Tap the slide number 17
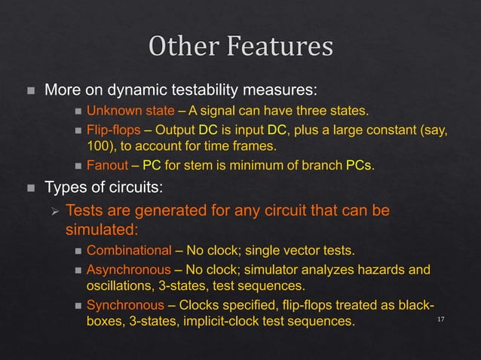tap(441, 321)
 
